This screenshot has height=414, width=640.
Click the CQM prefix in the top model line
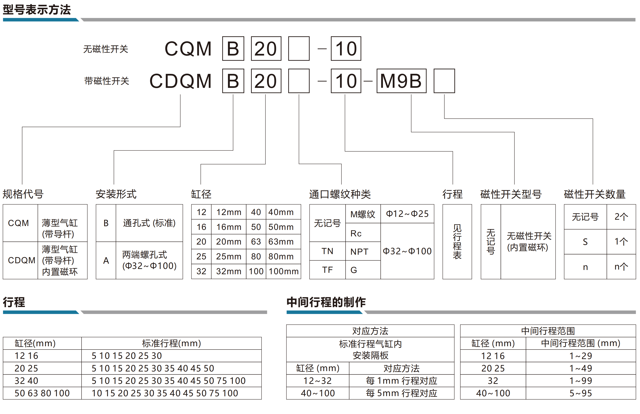tap(188, 49)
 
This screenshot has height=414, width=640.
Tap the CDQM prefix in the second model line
tap(181, 81)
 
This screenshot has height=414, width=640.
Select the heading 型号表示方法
tap(37, 10)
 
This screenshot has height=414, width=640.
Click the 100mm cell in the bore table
tap(283, 271)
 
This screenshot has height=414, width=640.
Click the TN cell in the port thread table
tap(327, 251)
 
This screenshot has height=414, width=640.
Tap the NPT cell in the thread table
tap(363, 251)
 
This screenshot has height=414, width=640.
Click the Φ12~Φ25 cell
tap(407, 214)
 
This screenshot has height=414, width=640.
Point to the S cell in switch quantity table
tap(585, 242)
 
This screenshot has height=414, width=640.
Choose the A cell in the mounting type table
tap(106, 260)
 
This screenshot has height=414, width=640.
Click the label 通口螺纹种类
tap(340, 194)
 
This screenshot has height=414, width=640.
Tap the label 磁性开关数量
tap(595, 194)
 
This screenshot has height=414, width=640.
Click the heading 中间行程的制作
tap(326, 302)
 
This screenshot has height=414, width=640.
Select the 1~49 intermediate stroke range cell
tap(581, 368)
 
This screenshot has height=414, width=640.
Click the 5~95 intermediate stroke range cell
tap(581, 393)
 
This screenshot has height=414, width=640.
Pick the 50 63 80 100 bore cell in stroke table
tap(42, 393)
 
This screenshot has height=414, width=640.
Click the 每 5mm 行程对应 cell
tap(401, 393)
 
